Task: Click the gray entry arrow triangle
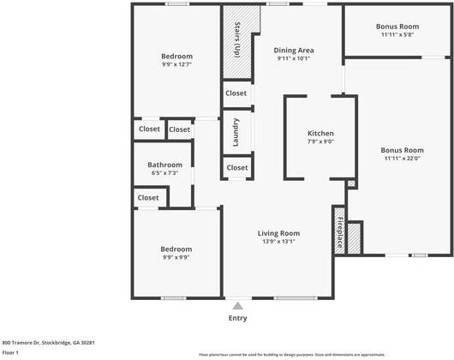(237, 304)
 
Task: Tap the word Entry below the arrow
(237, 318)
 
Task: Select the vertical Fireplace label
(339, 232)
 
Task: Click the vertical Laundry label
(236, 133)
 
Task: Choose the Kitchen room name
(320, 134)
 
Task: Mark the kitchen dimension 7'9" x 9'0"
(320, 142)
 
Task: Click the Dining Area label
(294, 51)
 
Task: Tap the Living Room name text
(278, 232)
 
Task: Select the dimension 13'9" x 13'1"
(278, 241)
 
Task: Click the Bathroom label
(164, 165)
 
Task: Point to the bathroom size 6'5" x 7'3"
(164, 173)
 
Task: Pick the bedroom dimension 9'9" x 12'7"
(176, 64)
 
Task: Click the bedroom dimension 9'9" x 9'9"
(176, 257)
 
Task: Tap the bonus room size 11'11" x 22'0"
(403, 159)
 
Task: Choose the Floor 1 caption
(11, 352)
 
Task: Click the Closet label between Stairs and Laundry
(236, 93)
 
